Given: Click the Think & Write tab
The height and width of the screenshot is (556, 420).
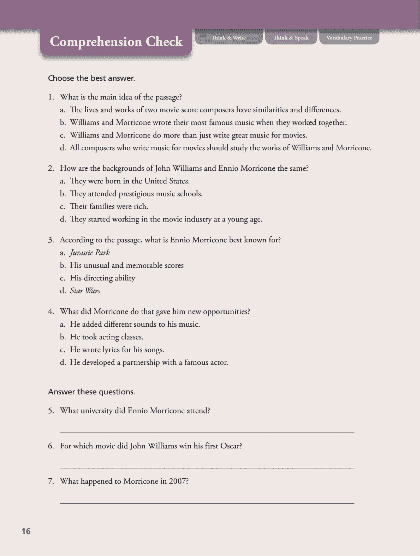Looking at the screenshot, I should [228, 38].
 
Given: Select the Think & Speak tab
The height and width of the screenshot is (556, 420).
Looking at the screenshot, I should [291, 38].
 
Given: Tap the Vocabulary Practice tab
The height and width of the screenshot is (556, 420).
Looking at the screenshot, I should [349, 38].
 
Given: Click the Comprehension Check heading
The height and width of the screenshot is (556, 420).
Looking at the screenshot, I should [116, 42].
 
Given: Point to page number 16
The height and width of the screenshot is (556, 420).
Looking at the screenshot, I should [26, 531].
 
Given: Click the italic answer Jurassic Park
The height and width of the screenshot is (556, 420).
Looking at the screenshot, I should [90, 252].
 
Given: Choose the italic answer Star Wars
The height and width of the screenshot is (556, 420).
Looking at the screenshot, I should [85, 291].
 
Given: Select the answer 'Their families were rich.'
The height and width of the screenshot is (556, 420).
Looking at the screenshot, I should [109, 206].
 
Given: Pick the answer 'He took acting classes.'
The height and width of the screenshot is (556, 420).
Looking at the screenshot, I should [107, 337].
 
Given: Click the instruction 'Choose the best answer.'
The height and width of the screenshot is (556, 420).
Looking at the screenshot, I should [92, 78].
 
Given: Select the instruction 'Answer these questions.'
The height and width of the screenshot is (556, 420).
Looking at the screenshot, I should [92, 392].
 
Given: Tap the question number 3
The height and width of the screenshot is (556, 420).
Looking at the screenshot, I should [51, 240].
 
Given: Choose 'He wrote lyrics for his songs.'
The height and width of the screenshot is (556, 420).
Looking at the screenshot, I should [117, 350].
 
